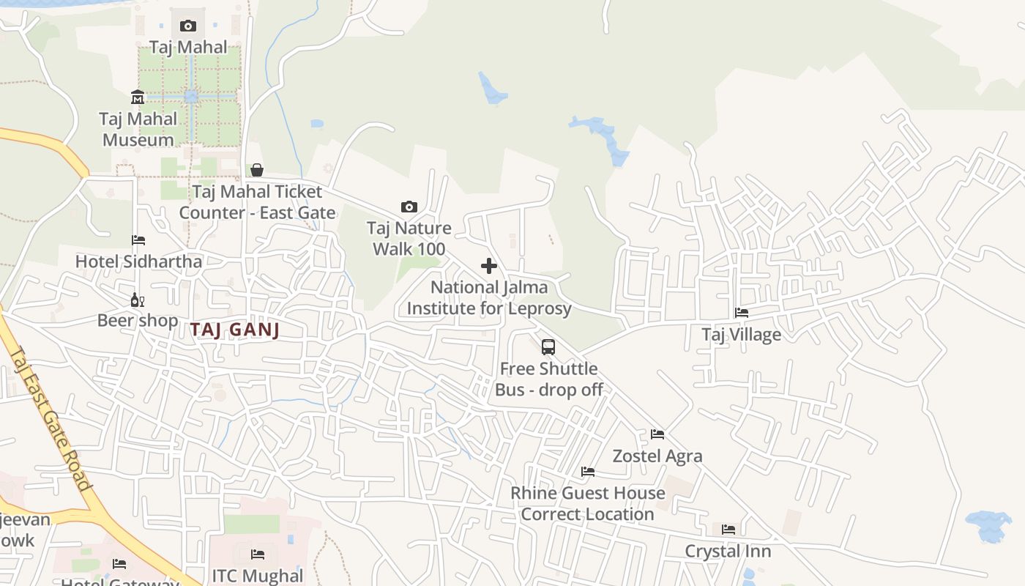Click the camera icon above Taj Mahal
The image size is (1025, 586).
point(188,26)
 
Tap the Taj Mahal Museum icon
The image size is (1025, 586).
point(138,97)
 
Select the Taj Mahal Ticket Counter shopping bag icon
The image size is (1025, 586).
point(257,170)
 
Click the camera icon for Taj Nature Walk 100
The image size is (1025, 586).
point(409,207)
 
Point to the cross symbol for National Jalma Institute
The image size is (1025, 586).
point(489,266)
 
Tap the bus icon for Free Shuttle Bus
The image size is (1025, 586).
point(548,347)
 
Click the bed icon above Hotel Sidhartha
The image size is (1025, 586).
point(138,240)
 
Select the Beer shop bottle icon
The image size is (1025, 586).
point(138,300)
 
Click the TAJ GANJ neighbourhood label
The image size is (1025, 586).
point(235,330)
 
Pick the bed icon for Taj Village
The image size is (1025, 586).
point(742,313)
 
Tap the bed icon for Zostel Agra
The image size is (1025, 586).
point(657,434)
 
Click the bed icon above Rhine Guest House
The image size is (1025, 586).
point(588,472)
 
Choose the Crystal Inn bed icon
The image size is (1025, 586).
point(728,530)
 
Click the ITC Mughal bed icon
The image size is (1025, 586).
point(258,555)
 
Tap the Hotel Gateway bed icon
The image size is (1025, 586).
point(119,564)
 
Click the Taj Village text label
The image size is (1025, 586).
point(742,335)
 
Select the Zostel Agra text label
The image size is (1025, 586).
point(657,456)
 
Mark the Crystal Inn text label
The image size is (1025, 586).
point(728,551)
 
